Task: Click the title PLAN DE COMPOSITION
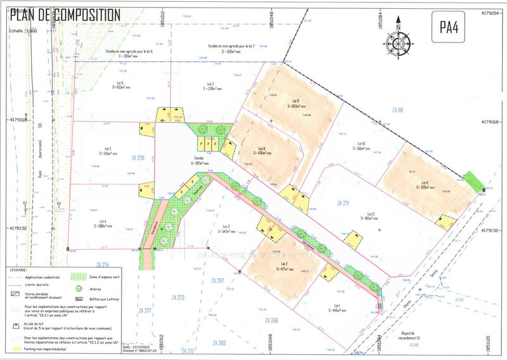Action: (x=65, y=14)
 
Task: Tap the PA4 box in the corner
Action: (x=453, y=28)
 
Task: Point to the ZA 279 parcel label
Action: (x=138, y=157)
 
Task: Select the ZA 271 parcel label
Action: (x=343, y=203)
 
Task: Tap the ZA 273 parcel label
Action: (x=178, y=297)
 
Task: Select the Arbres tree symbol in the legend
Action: (x=80, y=288)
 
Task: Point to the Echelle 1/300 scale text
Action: (x=24, y=31)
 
